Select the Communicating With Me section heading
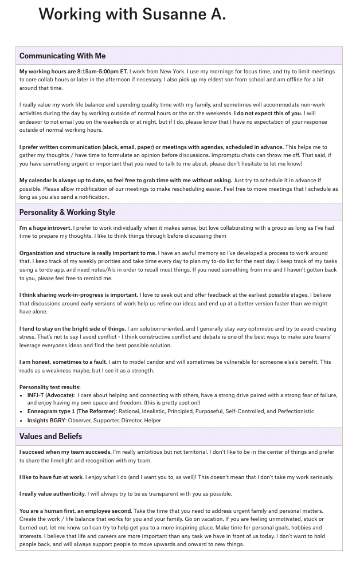[62, 56]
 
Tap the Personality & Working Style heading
[67, 213]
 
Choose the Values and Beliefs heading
[50, 437]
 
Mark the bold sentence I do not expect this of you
[268, 113]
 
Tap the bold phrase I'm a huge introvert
[45, 228]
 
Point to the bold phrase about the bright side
[73, 329]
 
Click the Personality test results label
[50, 387]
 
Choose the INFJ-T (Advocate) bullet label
[51, 395]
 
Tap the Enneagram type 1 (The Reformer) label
[72, 411]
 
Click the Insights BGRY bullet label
[46, 421]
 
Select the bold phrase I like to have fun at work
[52, 477]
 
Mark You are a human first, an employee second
[75, 511]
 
